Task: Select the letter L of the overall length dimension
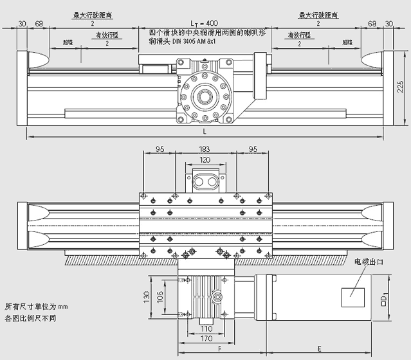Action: pyautogui.click(x=205, y=132)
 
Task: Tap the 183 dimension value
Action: pyautogui.click(x=205, y=149)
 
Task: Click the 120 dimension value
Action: pyautogui.click(x=205, y=159)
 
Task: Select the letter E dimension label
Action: pyautogui.click(x=320, y=348)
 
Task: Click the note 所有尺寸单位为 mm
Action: pyautogui.click(x=35, y=307)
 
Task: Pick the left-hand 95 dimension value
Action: pyautogui.click(x=160, y=149)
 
